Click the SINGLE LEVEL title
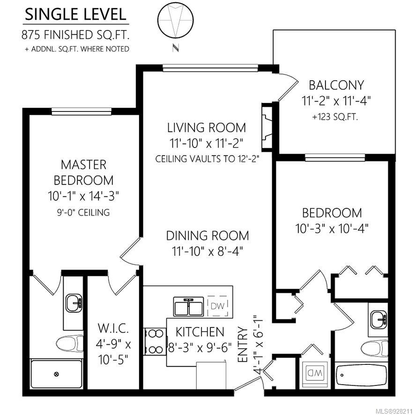tap(75, 15)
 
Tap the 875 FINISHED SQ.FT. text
tap(75, 35)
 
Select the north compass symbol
tap(176, 21)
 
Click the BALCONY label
tap(336, 85)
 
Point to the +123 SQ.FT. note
tap(335, 117)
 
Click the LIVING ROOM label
tap(207, 127)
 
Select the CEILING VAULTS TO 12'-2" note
tap(207, 158)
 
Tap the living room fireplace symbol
tap(267, 127)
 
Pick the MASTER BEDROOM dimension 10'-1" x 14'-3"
tap(83, 196)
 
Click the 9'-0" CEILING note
tap(83, 212)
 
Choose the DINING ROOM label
tap(207, 236)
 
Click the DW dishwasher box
tap(217, 306)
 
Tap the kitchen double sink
tap(188, 306)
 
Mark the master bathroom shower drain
tap(56, 374)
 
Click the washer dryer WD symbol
tap(315, 374)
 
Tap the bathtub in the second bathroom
tap(362, 375)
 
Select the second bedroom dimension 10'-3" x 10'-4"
tap(332, 229)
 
